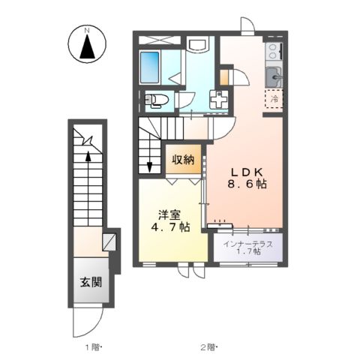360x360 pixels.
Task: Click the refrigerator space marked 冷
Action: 274,98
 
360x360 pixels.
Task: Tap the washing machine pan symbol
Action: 218,100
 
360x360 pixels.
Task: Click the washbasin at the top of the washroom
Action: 199,45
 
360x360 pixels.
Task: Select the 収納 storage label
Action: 183,160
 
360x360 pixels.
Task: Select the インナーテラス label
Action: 247,243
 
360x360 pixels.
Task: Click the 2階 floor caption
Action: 208,346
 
